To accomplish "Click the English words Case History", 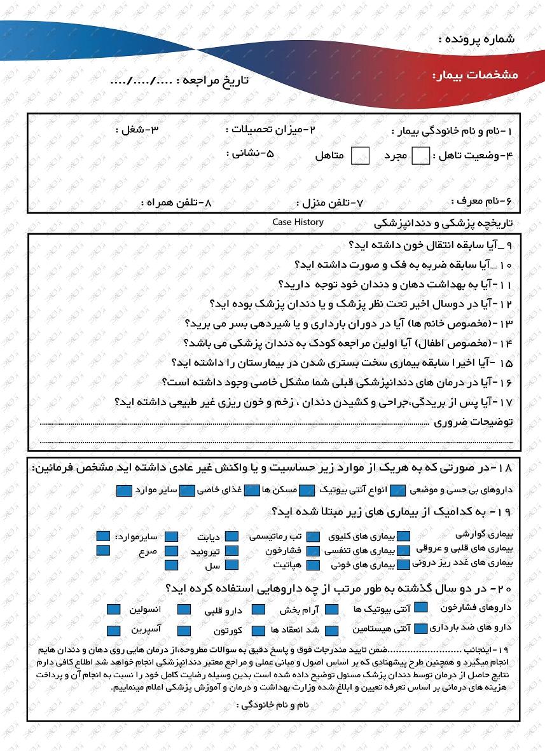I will pos(298,222).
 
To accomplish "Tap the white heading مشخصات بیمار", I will pos(475,75).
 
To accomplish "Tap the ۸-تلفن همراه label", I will pos(176,203).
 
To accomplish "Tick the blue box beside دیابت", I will pos(231,537).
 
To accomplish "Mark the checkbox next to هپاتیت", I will pos(313,565).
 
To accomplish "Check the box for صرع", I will pos(172,551).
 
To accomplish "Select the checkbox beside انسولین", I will pos(114,609).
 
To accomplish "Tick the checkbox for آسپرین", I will pos(114,631).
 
